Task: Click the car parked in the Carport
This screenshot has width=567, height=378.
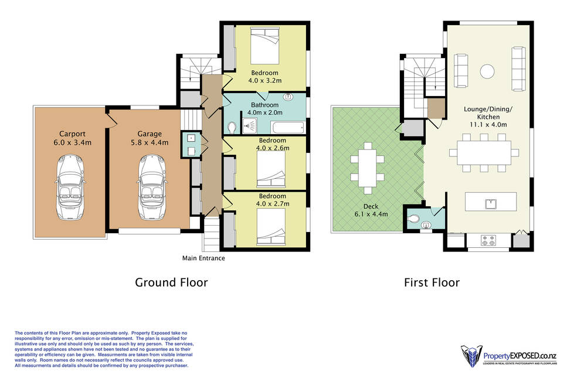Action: click(70, 187)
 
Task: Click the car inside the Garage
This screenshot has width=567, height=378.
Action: click(152, 187)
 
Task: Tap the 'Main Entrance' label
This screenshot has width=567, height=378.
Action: click(203, 258)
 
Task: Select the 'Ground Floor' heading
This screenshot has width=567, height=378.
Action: click(171, 282)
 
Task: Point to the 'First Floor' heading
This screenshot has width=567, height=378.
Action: click(432, 282)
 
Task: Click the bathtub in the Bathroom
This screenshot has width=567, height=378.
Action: click(288, 128)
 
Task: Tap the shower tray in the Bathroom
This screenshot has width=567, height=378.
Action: click(249, 126)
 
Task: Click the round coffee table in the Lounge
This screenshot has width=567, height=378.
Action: click(487, 71)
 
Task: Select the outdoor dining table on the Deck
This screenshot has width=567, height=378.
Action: click(368, 168)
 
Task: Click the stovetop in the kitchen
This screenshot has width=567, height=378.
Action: click(488, 240)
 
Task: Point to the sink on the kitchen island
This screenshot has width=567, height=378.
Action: click(491, 204)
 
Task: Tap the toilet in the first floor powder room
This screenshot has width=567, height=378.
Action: click(413, 218)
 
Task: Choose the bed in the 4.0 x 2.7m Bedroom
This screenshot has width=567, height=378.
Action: click(271, 227)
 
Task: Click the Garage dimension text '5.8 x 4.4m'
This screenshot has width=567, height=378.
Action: click(150, 142)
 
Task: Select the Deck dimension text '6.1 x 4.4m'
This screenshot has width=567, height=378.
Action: click(371, 214)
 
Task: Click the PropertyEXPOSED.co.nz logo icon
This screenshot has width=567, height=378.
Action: click(471, 356)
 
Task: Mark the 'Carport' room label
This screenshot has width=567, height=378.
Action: click(72, 134)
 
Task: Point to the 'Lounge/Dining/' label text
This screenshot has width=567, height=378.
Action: click(488, 109)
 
